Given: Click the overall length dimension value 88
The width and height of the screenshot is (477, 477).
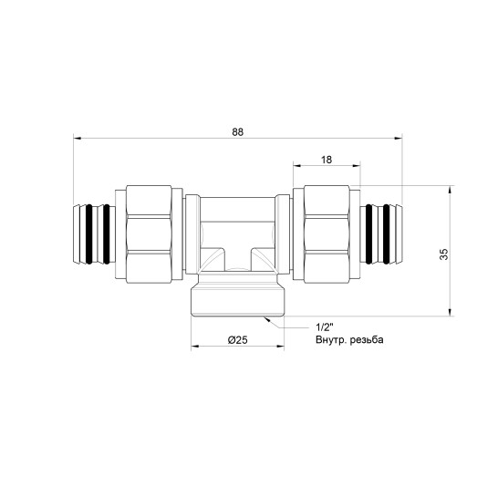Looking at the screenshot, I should coord(237,132).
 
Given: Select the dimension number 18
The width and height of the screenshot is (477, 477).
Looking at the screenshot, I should coord(327,160).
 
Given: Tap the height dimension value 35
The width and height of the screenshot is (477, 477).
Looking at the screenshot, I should coord(444,254).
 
